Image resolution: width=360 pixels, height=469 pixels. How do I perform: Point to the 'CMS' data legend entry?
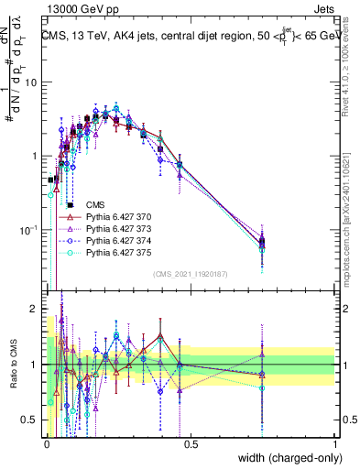(x=95, y=205)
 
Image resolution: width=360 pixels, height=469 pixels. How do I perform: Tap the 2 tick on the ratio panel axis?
(x=38, y=308)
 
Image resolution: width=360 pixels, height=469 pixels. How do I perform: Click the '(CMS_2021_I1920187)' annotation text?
(x=191, y=274)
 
